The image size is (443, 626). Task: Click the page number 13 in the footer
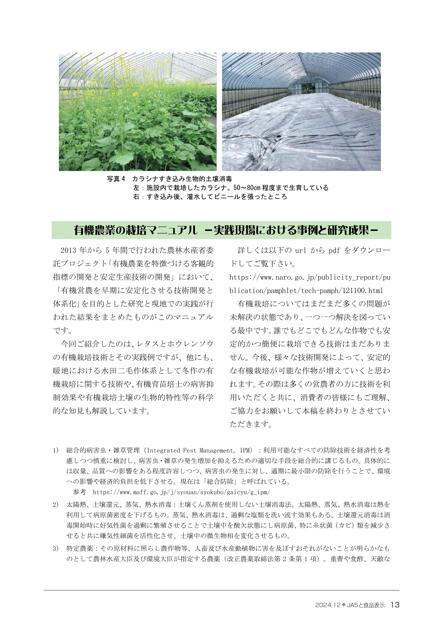coord(395,605)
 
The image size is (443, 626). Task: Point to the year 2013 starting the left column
coord(69,251)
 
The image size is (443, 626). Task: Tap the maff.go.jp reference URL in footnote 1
coord(181,492)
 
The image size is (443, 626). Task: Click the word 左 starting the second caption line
coord(136,188)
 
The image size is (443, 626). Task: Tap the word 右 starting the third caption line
coord(136,197)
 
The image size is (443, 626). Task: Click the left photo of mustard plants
coord(137,112)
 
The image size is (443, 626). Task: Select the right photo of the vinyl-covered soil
coord(301,112)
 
